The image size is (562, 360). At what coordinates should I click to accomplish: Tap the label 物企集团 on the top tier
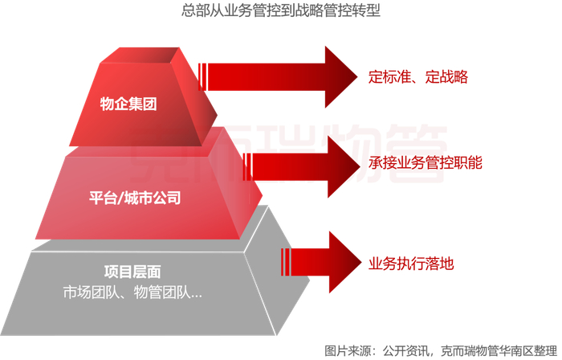[x=128, y=104]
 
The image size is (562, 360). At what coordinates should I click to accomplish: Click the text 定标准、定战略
[x=417, y=78]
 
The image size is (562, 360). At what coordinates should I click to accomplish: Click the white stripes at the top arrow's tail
[x=202, y=77]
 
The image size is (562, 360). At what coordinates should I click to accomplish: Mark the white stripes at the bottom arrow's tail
[x=285, y=261]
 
